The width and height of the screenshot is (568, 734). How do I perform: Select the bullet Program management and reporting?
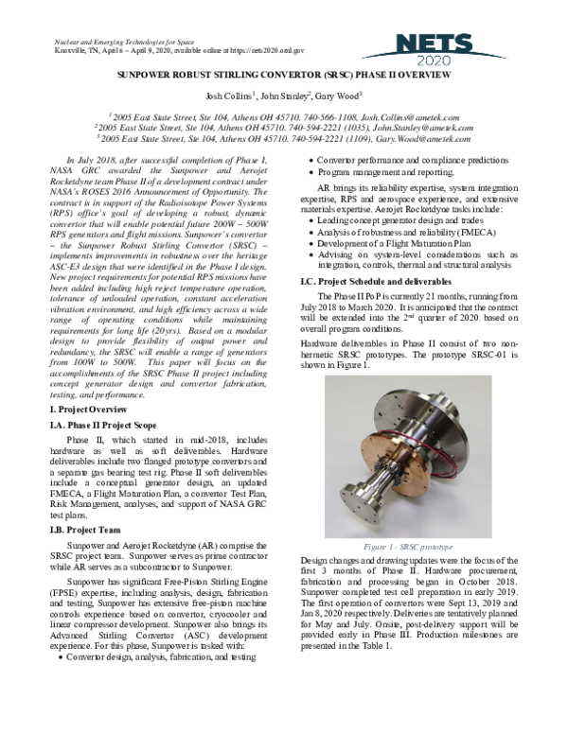pos(393,173)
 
